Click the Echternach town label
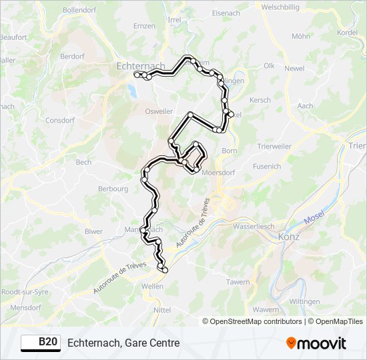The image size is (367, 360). (x=140, y=66)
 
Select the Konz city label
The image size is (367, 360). (x=290, y=237)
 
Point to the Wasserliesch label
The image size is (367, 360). (x=254, y=226)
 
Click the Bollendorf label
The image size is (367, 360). (x=79, y=11)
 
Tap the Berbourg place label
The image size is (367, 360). (x=113, y=189)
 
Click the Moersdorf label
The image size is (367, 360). (x=212, y=171)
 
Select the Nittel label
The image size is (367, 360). (x=162, y=310)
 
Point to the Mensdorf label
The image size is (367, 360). (x=26, y=308)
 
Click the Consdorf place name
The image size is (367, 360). (x=59, y=121)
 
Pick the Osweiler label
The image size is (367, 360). (x=159, y=111)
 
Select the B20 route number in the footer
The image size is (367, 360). (x=47, y=342)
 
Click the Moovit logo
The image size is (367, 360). (x=316, y=343)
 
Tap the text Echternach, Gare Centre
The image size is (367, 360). (x=123, y=343)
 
